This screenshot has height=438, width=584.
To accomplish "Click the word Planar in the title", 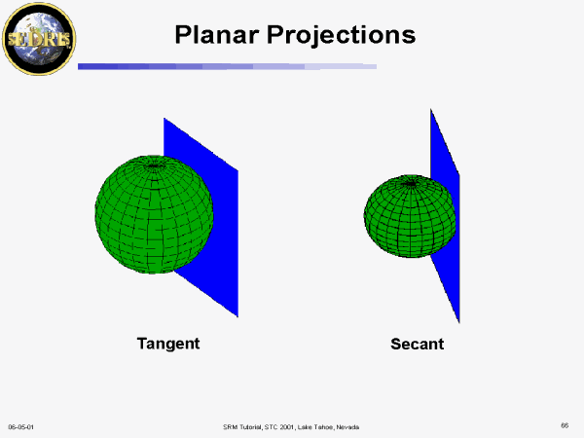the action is (x=217, y=35).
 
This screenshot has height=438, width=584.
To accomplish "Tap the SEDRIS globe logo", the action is (x=39, y=39).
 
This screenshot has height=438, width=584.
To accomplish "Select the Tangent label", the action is (x=168, y=344).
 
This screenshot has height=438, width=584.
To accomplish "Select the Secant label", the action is (x=418, y=344).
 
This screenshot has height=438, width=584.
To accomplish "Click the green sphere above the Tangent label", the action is (x=154, y=214).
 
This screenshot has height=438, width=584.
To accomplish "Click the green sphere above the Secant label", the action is (x=410, y=216).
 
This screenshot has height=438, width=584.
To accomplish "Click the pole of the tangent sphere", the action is (x=154, y=165).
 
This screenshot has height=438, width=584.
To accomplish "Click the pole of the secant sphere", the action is (x=411, y=183).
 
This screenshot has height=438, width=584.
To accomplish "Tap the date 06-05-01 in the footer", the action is (x=20, y=427).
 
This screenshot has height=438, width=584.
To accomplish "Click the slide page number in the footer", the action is (x=565, y=425).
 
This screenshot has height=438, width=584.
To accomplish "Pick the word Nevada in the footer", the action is (x=347, y=427).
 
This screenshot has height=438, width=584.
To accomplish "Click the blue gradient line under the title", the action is (x=227, y=66).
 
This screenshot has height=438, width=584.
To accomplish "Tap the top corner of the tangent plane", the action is (x=164, y=118).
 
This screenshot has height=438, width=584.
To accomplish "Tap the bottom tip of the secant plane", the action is (x=459, y=322).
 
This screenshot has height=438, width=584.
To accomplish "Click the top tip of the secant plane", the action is (x=431, y=109).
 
